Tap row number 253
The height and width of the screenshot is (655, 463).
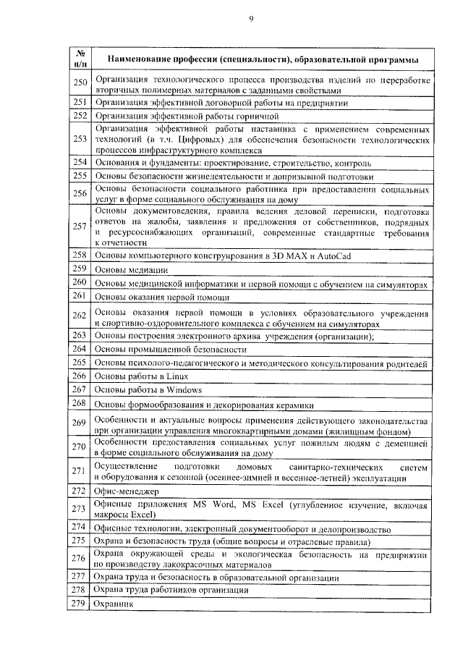[80, 140]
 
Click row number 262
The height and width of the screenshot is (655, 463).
[80, 316]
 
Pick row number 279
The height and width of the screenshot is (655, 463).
[80, 603]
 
